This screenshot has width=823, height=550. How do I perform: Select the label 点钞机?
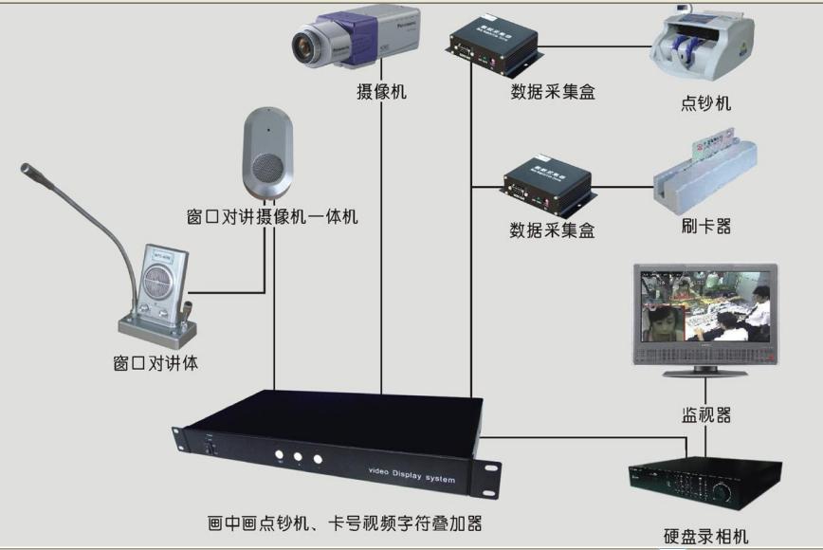[706, 103]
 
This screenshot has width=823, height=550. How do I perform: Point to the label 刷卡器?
[706, 227]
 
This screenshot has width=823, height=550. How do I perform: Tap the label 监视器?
[705, 414]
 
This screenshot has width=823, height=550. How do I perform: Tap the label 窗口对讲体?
[155, 362]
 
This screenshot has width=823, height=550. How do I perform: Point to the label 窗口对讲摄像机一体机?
[272, 217]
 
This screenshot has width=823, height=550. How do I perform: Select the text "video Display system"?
[411, 473]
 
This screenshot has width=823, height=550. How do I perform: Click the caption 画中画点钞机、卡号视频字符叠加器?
[338, 522]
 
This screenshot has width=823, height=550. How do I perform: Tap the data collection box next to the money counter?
[494, 46]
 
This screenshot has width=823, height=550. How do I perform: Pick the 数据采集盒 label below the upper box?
[553, 93]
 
